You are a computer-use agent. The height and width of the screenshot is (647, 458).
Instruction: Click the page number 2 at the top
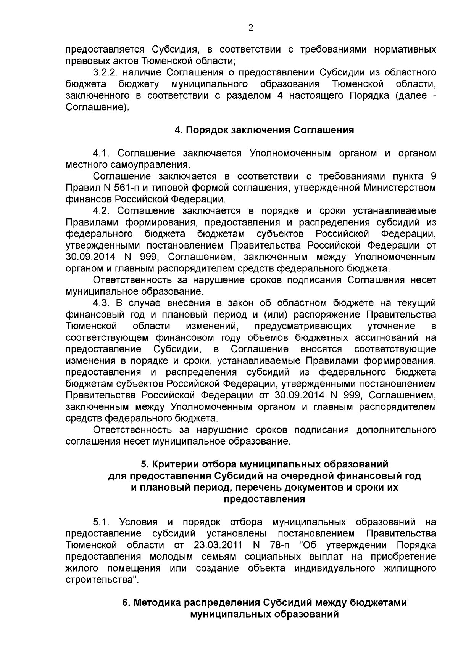[251, 27]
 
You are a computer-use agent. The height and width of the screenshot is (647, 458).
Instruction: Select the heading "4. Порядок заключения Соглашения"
[264, 130]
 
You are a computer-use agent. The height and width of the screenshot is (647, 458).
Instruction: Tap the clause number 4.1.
[102, 153]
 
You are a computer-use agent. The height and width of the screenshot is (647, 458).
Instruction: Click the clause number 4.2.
[102, 211]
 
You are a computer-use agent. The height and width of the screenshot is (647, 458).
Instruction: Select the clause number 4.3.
[102, 303]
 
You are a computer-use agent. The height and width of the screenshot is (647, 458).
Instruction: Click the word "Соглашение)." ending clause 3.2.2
[98, 107]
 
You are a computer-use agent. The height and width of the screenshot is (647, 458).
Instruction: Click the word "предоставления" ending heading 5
[264, 499]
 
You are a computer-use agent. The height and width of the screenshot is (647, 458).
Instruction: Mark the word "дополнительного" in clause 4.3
[396, 430]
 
